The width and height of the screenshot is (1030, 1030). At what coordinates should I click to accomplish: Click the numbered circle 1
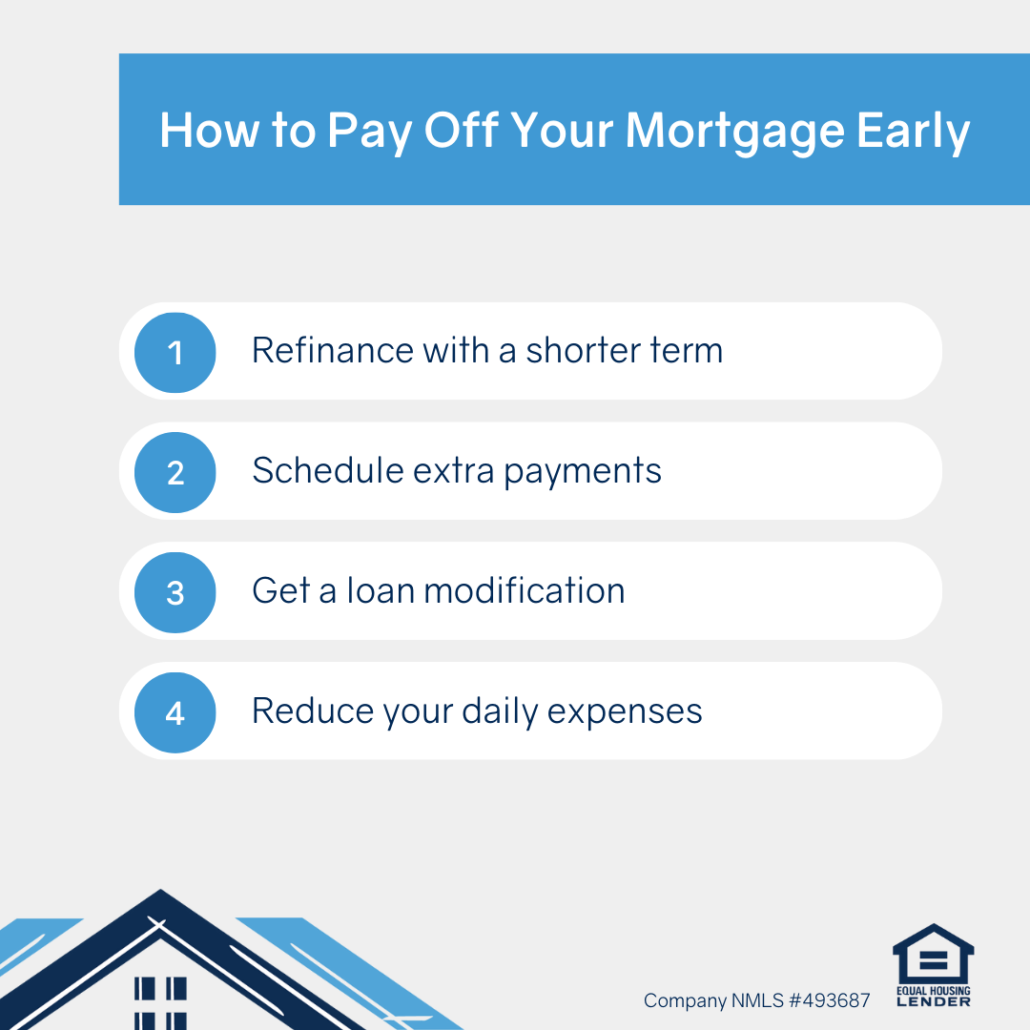(x=175, y=353)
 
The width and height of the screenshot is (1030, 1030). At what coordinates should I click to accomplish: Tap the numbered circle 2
(x=175, y=472)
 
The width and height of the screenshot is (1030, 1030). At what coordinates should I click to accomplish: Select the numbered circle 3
(x=175, y=592)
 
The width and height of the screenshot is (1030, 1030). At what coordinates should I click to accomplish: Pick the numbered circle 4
(x=175, y=712)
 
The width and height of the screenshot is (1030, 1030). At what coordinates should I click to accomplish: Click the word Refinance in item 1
(x=333, y=350)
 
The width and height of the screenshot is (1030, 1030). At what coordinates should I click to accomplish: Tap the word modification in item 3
(x=525, y=590)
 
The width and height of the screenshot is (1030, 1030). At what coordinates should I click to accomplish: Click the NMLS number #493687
(x=829, y=1000)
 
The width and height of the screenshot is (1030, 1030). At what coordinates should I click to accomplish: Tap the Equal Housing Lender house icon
(x=933, y=953)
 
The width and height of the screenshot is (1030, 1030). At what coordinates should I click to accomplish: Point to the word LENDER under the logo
(x=934, y=1001)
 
